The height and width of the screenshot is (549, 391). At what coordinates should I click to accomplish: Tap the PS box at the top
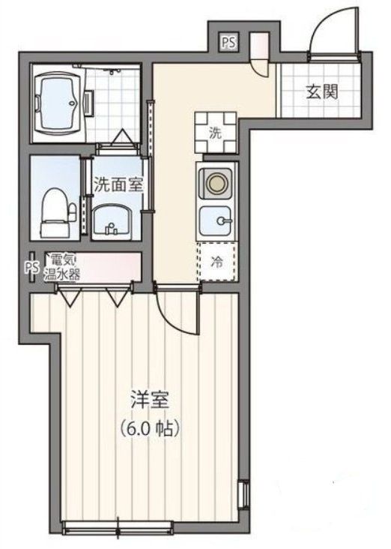coord(228,43)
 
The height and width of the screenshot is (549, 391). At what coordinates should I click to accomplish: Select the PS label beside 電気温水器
coord(32,266)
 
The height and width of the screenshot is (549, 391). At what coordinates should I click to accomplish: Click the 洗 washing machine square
coord(216,133)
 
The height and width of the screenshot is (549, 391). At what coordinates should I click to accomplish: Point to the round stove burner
coord(217,182)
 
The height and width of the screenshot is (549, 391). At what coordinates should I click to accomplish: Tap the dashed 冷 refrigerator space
coord(216,263)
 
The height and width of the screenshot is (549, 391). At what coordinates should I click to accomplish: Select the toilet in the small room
coord(53,206)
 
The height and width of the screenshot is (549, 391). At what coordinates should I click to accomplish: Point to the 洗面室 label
coord(118,184)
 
